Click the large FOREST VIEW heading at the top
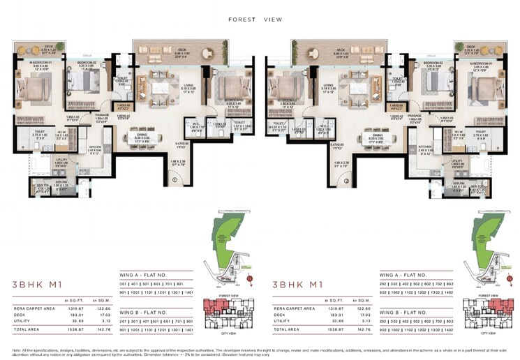(x=255, y=20)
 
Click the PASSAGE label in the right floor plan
(x=415, y=116)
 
